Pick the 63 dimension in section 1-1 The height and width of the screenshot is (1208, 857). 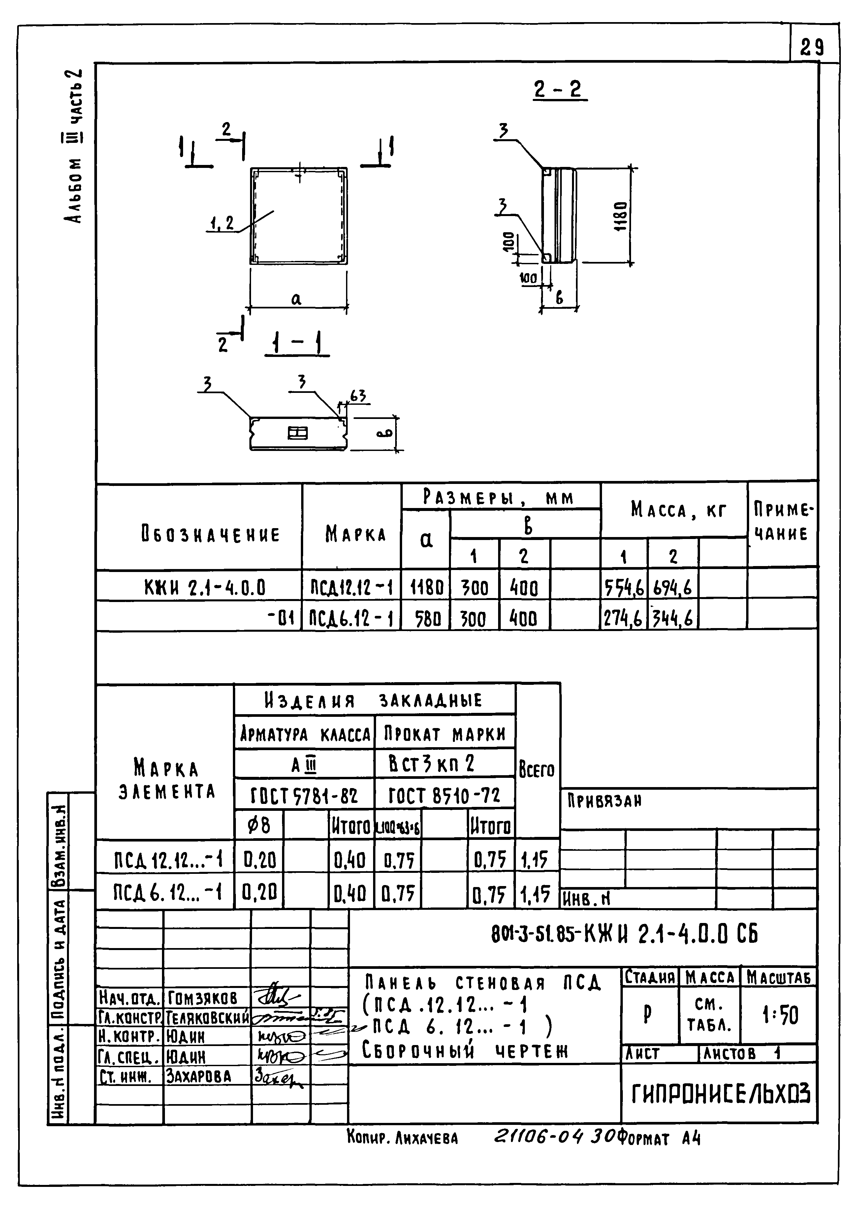(358, 396)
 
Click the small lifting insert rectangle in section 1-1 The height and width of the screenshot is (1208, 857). (297, 433)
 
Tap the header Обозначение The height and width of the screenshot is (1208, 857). (210, 535)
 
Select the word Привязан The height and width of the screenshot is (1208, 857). (604, 802)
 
